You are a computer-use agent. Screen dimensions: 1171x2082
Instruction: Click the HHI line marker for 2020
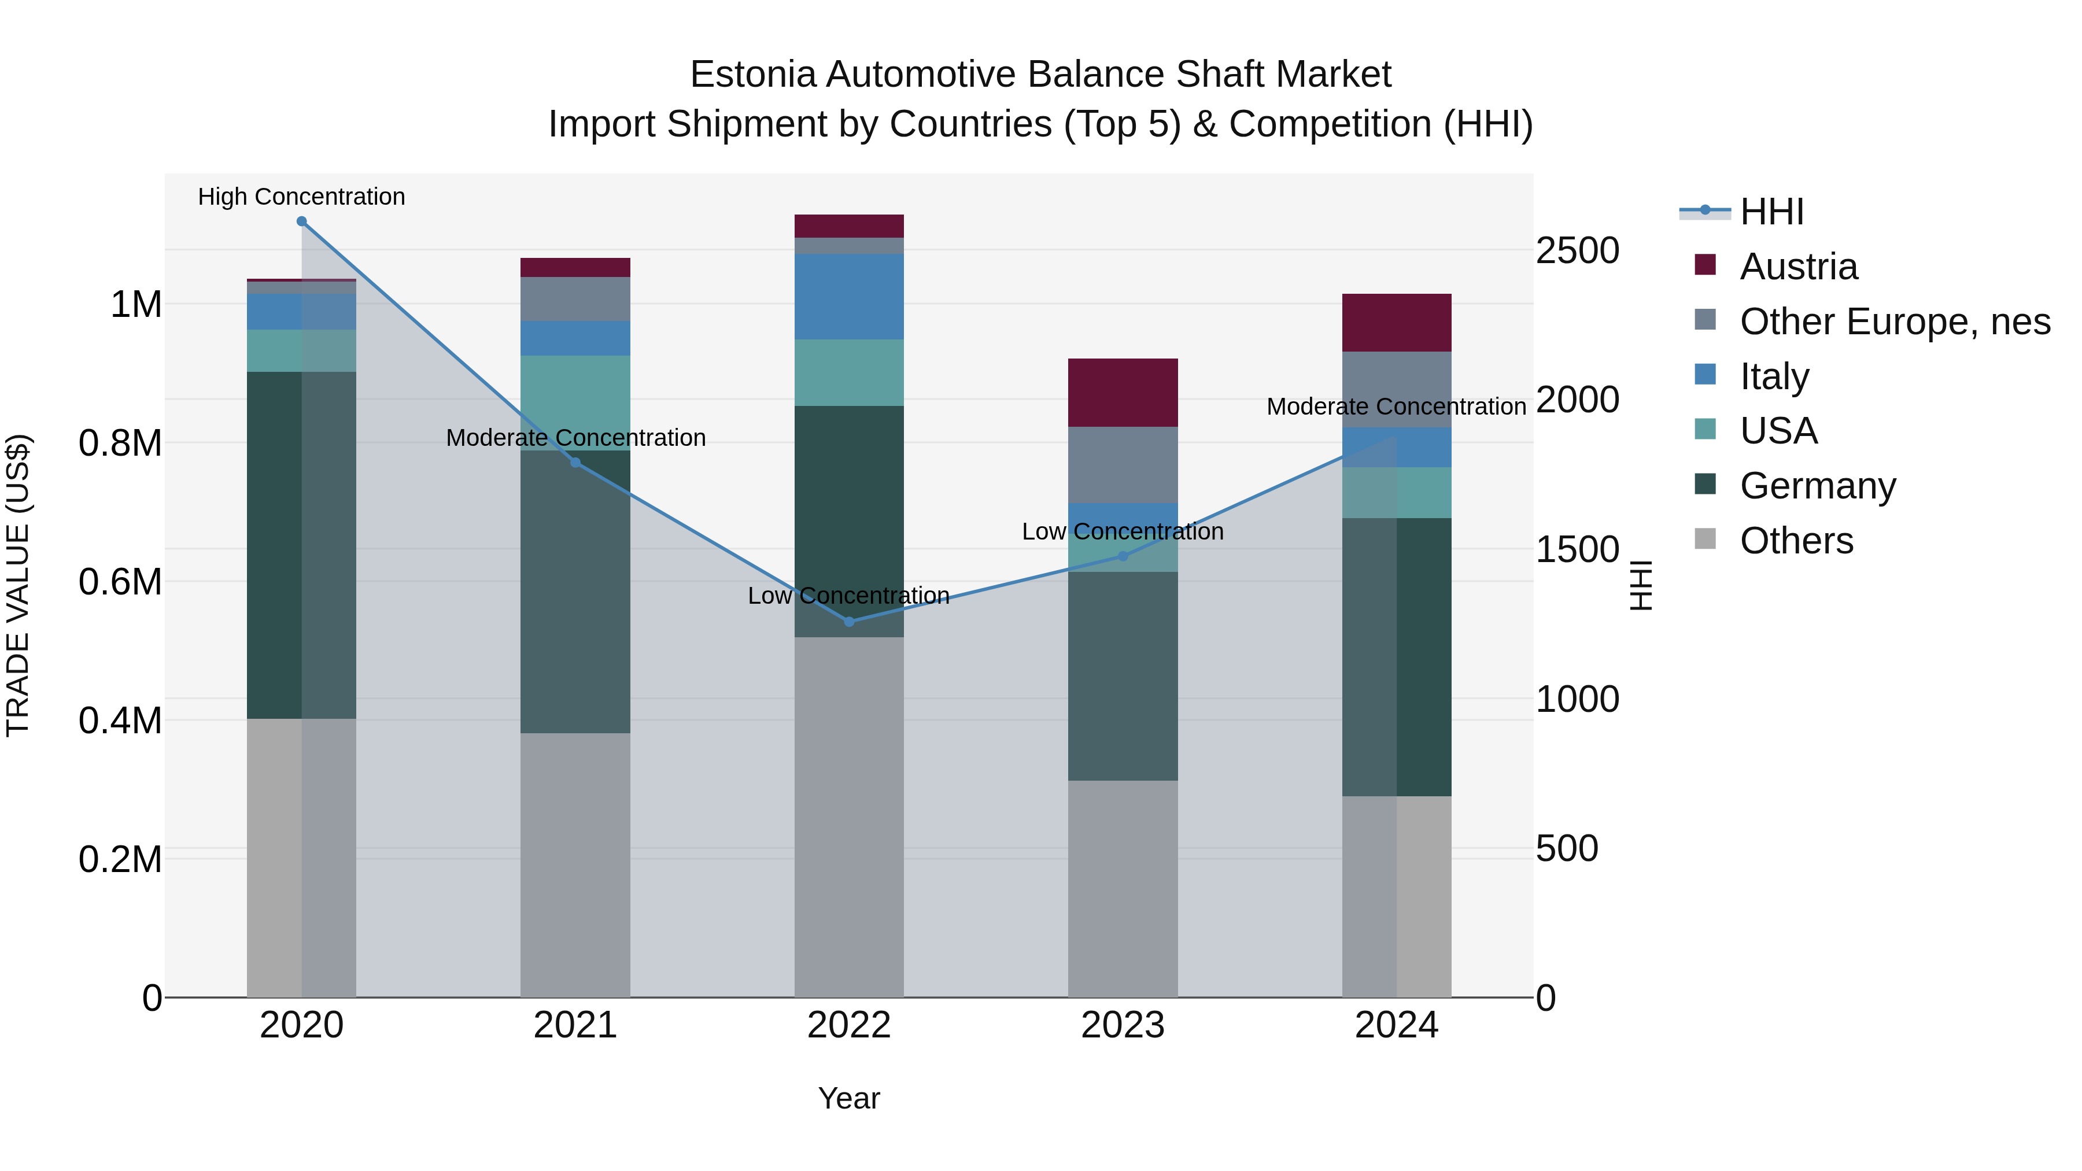pyautogui.click(x=301, y=221)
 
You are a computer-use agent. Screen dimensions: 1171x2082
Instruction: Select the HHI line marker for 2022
pyautogui.click(x=848, y=622)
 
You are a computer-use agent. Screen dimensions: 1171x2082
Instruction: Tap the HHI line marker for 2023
pyautogui.click(x=1123, y=556)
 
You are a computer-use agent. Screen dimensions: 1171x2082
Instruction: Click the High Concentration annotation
pyautogui.click(x=301, y=197)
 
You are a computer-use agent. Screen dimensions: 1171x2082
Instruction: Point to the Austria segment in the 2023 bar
pyautogui.click(x=1123, y=392)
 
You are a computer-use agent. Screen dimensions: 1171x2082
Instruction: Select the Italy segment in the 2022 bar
pyautogui.click(x=848, y=297)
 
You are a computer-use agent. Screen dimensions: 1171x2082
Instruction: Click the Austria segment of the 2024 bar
pyautogui.click(x=1396, y=323)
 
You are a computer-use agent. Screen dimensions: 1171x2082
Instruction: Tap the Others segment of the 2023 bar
pyautogui.click(x=1123, y=888)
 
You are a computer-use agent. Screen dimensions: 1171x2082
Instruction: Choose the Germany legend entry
pyautogui.click(x=1817, y=486)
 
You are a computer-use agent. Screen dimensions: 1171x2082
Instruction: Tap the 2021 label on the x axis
pyautogui.click(x=575, y=1025)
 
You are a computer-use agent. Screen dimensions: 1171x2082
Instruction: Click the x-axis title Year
pyautogui.click(x=848, y=1098)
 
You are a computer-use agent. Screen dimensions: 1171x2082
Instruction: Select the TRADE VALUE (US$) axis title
pyautogui.click(x=19, y=585)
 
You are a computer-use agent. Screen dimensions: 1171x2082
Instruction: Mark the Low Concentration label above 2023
pyautogui.click(x=1123, y=532)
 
